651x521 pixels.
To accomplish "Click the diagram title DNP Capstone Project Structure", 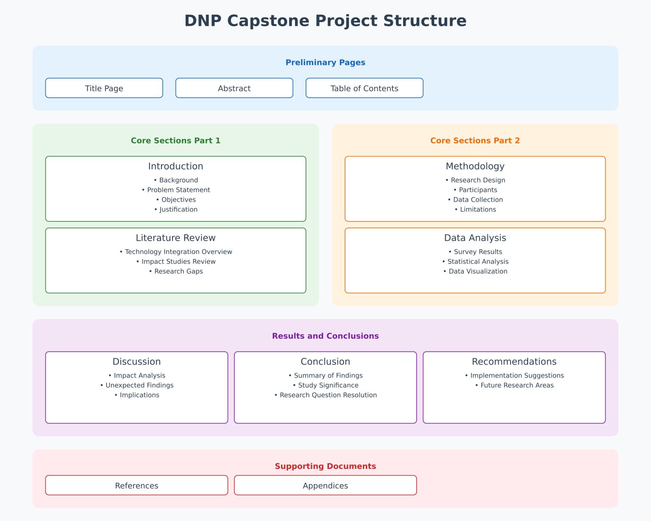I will click(x=325, y=21).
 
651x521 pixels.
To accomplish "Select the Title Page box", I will click(x=104, y=88).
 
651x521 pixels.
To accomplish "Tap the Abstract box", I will click(x=234, y=88).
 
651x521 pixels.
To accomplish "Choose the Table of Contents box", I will click(x=364, y=88).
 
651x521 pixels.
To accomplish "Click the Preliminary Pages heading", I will click(x=325, y=62).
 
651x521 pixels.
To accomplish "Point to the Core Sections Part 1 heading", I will click(x=175, y=140).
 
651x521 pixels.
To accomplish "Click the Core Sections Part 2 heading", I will click(x=475, y=140).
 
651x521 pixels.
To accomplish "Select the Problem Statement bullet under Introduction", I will click(x=176, y=190).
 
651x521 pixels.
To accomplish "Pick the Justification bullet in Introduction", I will click(x=176, y=209).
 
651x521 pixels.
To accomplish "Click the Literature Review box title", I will click(x=175, y=238).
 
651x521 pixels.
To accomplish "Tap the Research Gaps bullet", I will click(x=176, y=271).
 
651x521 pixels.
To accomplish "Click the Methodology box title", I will click(x=475, y=166).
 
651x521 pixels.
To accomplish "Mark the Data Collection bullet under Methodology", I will click(x=475, y=200).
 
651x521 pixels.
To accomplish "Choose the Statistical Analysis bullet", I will click(x=475, y=262).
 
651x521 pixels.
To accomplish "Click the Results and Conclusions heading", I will click(x=325, y=336).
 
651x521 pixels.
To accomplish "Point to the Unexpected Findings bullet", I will click(x=137, y=385).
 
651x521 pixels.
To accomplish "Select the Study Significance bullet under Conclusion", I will click(x=325, y=385).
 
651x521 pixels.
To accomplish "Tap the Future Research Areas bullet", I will click(x=514, y=385).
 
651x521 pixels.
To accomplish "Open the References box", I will click(x=136, y=485).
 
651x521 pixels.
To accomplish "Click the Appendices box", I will click(x=325, y=485).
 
